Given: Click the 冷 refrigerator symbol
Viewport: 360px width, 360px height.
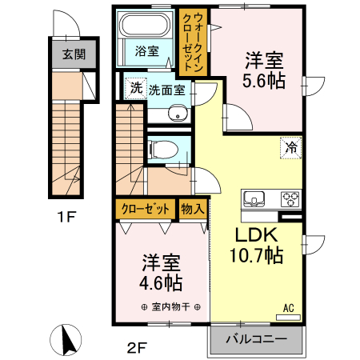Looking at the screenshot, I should pos(291,147).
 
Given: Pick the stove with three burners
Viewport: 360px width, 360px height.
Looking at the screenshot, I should pos(290,198).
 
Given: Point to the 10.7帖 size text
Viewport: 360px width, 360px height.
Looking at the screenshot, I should pos(254,256).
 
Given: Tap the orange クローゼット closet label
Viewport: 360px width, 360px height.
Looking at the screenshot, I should pos(146,209).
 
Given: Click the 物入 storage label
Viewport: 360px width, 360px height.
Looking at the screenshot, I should pos(194,209).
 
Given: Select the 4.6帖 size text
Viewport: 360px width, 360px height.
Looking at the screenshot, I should pos(162,283).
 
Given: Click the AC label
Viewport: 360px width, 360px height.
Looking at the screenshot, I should pos(288,306).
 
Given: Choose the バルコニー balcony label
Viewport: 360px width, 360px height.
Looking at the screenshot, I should pos(256,339).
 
